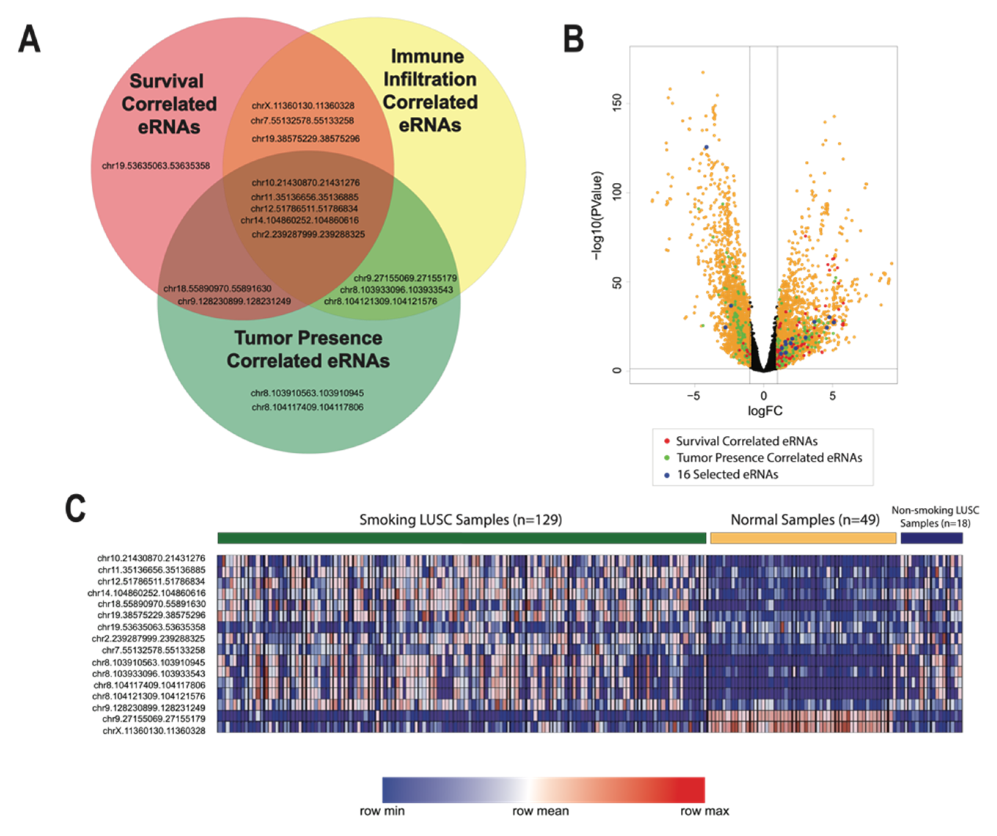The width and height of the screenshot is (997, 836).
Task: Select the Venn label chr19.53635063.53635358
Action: [156, 166]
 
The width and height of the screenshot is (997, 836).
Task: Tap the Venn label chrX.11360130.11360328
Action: [303, 105]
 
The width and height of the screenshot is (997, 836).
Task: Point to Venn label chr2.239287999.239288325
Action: [308, 234]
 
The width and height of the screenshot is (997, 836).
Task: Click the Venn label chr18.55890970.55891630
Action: [218, 288]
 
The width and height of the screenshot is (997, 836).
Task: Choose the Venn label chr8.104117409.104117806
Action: [307, 407]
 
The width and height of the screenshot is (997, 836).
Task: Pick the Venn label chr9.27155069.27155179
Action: [405, 278]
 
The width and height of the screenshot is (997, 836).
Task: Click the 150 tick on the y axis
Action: [617, 103]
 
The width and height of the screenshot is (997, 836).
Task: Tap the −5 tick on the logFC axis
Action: [694, 396]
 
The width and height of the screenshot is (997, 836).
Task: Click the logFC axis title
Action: [765, 410]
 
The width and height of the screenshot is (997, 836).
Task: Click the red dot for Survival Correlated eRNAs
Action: [667, 441]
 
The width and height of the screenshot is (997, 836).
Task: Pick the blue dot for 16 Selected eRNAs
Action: [667, 474]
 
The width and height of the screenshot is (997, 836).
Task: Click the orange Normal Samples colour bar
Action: [803, 538]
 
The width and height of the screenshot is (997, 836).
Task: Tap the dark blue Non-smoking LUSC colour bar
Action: [931, 538]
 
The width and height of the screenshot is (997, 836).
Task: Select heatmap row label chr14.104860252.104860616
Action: [147, 593]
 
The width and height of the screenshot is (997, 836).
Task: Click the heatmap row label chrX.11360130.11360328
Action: [154, 731]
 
